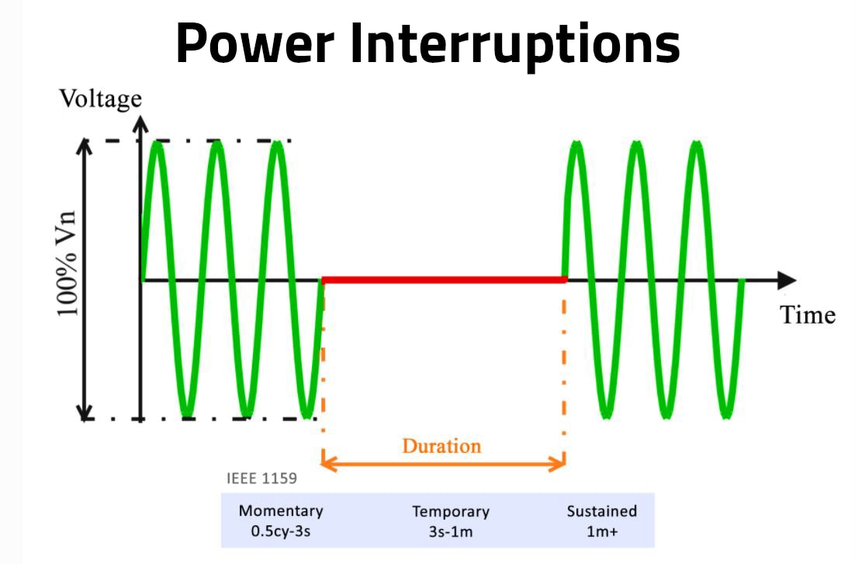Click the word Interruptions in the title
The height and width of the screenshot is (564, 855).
[x=514, y=43]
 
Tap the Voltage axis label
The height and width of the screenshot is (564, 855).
[x=101, y=99]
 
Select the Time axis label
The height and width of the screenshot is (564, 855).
[x=808, y=315]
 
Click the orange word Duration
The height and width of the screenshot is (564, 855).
[x=441, y=446]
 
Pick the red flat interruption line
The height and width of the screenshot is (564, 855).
[x=443, y=279]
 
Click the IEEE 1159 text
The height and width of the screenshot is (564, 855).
[x=261, y=479]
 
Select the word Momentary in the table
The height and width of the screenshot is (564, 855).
[x=280, y=511]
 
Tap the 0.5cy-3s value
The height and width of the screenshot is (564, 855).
[x=280, y=533]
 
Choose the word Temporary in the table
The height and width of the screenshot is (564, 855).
[x=451, y=512]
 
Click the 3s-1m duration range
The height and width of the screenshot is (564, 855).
[x=451, y=534]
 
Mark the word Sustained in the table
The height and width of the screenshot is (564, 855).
[x=601, y=511]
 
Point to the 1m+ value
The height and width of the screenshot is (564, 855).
[x=601, y=533]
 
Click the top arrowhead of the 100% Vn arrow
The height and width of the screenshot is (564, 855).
[x=85, y=147]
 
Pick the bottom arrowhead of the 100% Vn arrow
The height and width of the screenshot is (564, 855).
[x=85, y=412]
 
